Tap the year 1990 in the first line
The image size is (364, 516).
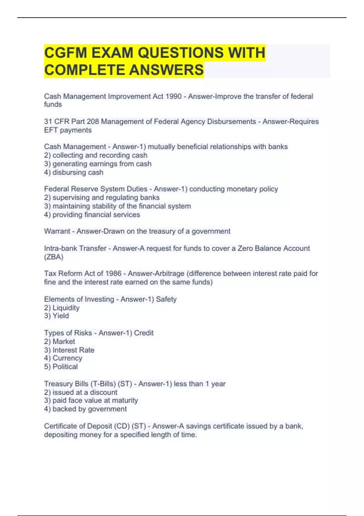[x=174, y=97]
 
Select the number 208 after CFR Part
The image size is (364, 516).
[x=93, y=122]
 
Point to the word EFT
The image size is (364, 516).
[x=51, y=130]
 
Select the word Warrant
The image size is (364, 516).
[x=57, y=231]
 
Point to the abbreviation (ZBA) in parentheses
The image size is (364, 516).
[x=54, y=257]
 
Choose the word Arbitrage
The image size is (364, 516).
[x=170, y=273]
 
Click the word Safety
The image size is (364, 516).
[x=166, y=299]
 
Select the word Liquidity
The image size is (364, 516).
[x=66, y=308]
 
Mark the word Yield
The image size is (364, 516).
[x=61, y=316]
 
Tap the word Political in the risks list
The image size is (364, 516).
[x=65, y=367]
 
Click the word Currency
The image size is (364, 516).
[x=67, y=358]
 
